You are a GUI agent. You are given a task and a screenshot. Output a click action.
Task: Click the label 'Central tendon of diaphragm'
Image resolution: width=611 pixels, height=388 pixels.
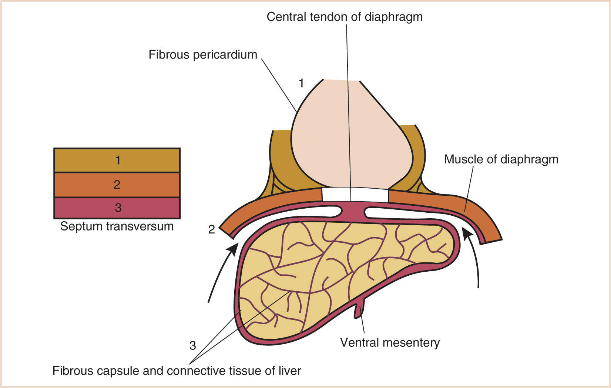pos(344,17)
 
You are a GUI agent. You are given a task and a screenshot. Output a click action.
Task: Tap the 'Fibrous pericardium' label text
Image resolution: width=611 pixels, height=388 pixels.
pos(203,55)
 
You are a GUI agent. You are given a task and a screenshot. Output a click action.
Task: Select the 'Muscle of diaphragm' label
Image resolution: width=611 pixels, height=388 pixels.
pos(501,159)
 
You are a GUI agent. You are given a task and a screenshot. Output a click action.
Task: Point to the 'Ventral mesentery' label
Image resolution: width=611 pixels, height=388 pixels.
pos(390,342)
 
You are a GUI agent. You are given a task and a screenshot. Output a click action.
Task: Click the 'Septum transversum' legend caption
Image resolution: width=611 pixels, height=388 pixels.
pos(117,226)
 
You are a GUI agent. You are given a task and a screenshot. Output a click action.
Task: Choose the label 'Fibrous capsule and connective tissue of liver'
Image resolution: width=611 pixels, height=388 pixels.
pos(177,371)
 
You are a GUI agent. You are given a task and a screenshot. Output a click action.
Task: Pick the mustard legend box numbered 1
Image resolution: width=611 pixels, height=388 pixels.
pos(117,160)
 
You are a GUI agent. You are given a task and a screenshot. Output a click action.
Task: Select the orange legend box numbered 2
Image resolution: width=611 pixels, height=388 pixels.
pos(117,185)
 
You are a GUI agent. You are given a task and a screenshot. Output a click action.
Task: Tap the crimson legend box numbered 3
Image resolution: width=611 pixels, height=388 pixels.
pos(117,208)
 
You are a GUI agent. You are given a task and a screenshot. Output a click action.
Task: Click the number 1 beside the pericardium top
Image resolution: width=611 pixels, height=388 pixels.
pos(301,83)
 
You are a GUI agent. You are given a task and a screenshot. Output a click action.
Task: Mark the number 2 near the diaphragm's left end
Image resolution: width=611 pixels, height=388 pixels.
pos(211,230)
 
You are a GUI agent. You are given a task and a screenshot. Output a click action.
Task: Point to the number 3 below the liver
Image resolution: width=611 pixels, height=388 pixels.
pos(192,346)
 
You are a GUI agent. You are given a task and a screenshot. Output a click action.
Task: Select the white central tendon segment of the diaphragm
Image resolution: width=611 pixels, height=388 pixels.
pos(355,195)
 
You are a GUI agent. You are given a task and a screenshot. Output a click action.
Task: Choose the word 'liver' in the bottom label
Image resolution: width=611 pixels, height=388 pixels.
pos(290,371)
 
